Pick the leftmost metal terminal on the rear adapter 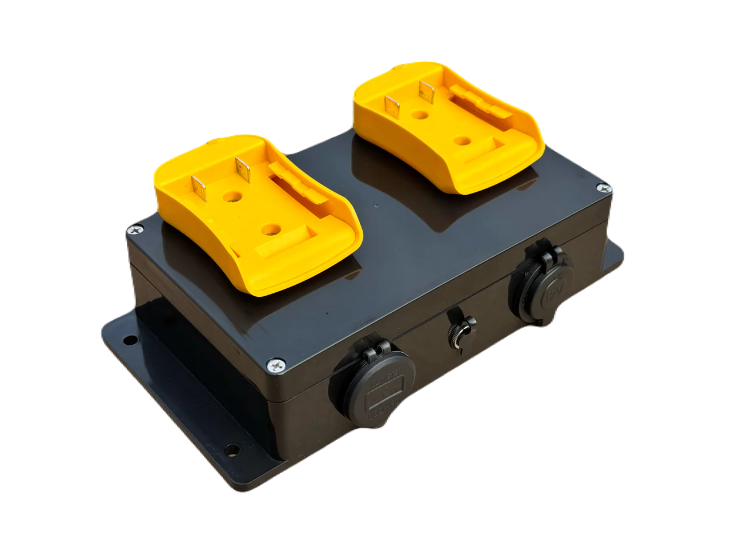392,106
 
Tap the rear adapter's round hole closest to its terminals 422,115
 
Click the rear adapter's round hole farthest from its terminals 459,139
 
